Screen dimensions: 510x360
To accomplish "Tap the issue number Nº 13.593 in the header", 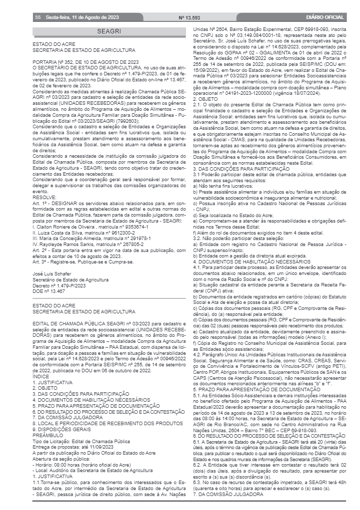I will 189,18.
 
